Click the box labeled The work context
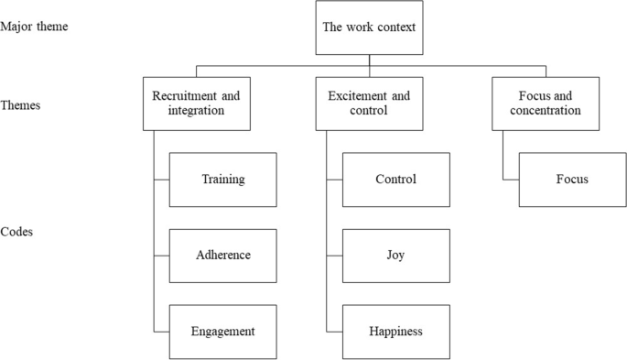coord(369,27)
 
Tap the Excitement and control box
coord(369,104)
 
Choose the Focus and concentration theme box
coord(546,104)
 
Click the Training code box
coord(223,180)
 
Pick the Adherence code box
coord(223,256)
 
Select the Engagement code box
coord(223,332)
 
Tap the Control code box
coord(395,180)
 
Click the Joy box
coord(395,256)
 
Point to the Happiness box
coord(395,332)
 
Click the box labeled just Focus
coord(572,180)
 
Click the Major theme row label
coord(34,27)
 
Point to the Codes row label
coord(17,233)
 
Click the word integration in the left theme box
coord(197,111)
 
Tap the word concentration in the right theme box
coord(546,111)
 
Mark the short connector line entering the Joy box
coord(333,256)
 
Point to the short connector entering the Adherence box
coord(162,256)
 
